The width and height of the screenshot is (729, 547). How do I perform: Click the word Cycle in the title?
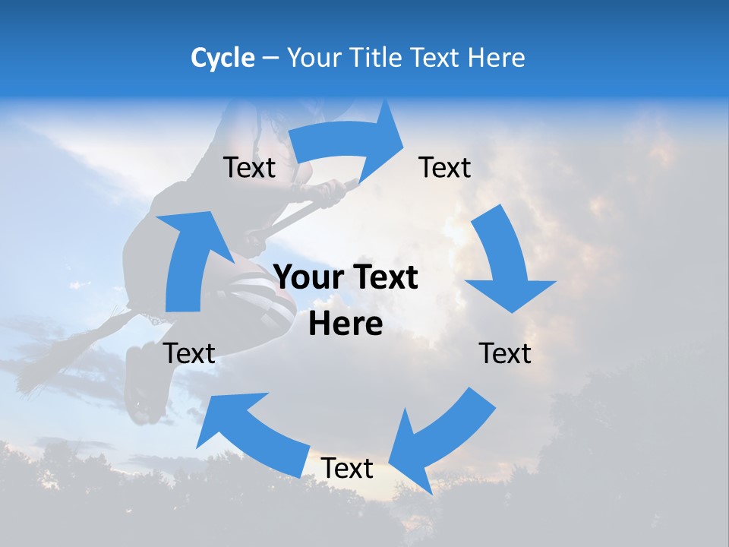[x=222, y=58]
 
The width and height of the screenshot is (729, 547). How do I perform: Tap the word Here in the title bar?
[x=496, y=58]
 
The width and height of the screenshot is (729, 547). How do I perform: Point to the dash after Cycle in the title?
[x=270, y=58]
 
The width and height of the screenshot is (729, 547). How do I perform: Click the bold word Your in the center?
[x=308, y=278]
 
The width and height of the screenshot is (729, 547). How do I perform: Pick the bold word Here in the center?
[x=346, y=324]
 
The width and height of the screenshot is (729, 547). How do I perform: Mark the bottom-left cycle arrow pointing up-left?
[x=251, y=430]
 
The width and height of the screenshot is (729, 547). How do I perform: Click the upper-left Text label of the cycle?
[x=249, y=168]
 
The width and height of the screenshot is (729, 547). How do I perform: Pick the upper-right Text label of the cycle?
[x=445, y=168]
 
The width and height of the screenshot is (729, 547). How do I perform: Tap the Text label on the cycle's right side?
[x=506, y=354]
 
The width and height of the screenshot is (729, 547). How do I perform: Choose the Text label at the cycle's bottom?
[x=347, y=469]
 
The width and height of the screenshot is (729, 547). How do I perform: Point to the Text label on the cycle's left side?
[x=190, y=354]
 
